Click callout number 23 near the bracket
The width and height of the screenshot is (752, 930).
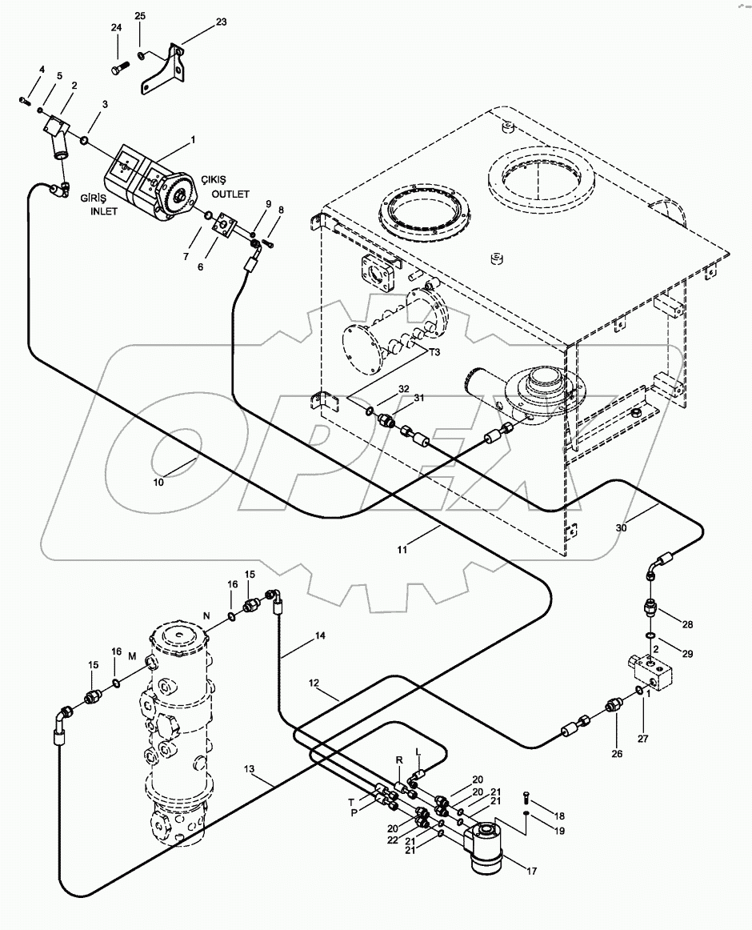221,22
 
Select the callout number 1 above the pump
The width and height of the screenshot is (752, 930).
191,139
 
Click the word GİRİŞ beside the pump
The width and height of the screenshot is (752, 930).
92,200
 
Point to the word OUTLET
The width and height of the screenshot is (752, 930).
230,194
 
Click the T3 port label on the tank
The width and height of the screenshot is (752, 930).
434,351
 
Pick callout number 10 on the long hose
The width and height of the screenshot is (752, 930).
158,482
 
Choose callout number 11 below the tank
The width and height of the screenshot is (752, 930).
402,549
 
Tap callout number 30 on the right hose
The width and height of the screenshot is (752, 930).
621,527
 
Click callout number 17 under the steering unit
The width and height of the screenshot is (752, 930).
531,871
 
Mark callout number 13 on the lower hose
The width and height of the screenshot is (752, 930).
249,768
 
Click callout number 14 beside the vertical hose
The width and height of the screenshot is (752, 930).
320,635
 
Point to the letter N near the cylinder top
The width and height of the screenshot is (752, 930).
207,615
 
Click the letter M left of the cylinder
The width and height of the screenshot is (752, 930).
132,656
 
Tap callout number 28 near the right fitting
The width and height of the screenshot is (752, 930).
687,624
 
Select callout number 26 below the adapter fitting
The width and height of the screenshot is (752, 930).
617,753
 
